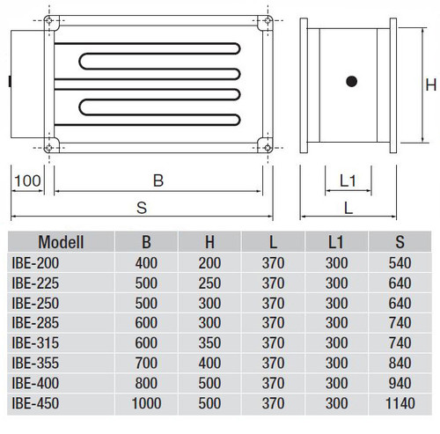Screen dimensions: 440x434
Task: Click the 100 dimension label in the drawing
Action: (27, 180)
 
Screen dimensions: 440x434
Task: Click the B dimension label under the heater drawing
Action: (158, 180)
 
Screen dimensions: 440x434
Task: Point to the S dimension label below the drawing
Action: (142, 208)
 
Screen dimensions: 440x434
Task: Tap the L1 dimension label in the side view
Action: (348, 180)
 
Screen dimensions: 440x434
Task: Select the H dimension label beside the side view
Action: (431, 85)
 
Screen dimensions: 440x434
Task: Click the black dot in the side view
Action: (351, 81)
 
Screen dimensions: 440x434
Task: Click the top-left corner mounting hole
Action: (49, 20)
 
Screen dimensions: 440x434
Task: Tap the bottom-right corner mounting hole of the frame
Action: (268, 148)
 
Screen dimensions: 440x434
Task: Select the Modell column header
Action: (61, 242)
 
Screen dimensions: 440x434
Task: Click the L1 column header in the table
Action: (335, 242)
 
